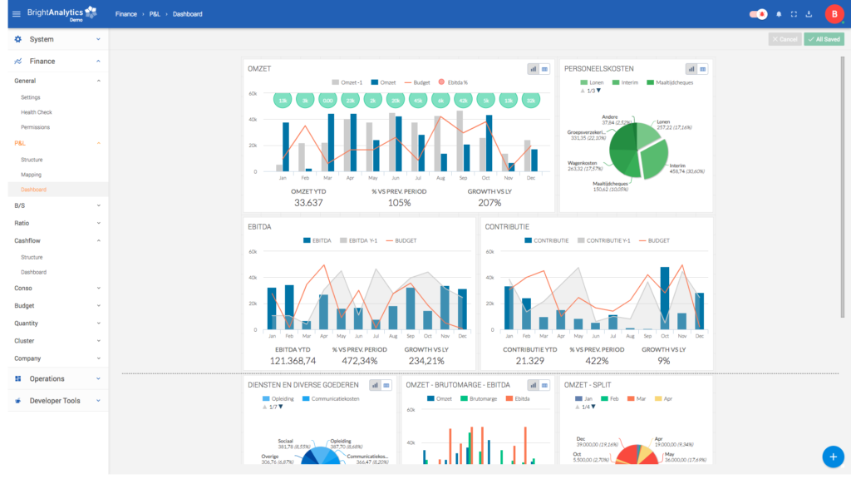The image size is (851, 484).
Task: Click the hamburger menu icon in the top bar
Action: point(17,14)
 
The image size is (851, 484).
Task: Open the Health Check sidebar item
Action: point(37,112)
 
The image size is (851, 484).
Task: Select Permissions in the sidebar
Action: point(36,127)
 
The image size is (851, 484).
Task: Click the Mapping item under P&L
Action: point(32,175)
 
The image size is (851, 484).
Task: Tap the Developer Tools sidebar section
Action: point(55,401)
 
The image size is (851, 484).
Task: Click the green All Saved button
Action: point(824,39)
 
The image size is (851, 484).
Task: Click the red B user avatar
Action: point(834,14)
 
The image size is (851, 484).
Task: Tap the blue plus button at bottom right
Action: point(833,456)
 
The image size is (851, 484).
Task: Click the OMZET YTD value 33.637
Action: point(307,203)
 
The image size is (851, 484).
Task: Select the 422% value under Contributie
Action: point(597,360)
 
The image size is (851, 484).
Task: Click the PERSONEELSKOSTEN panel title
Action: point(599,69)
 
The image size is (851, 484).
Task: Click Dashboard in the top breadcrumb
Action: point(187,14)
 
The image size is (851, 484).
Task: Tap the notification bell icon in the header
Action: point(779,14)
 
